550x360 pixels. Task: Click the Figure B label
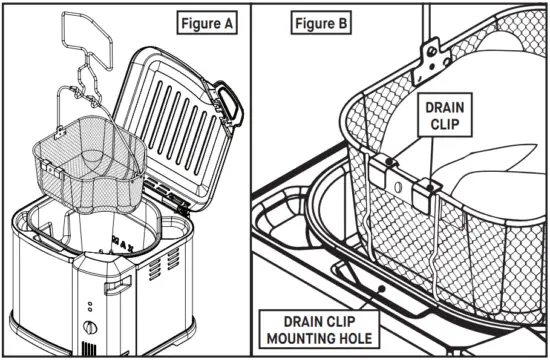[318, 21]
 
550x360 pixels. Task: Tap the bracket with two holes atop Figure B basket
[431, 54]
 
